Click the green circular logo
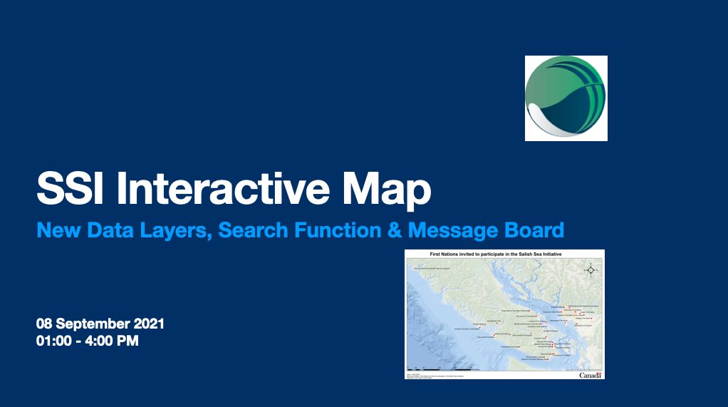tap(566, 98)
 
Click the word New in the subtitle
tap(54, 230)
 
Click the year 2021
tap(150, 324)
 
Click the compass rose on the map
tap(590, 269)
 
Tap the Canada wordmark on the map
tap(591, 375)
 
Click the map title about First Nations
tap(504, 254)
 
